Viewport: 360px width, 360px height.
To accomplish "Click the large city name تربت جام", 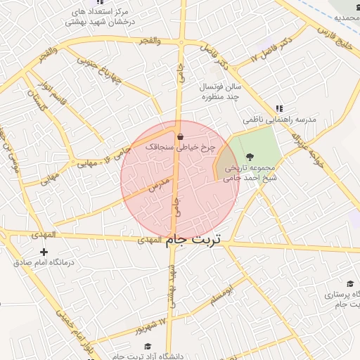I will (x=193, y=240).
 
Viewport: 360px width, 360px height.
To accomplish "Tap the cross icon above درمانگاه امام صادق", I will (x=44, y=252).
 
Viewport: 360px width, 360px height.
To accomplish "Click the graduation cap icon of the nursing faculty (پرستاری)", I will (x=349, y=284).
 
